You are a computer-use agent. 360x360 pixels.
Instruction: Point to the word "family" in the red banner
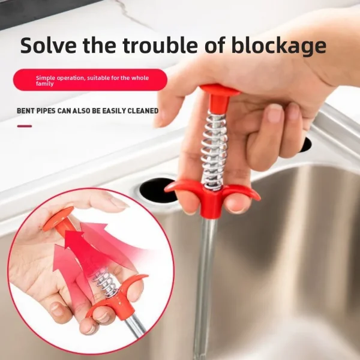[x=45, y=84]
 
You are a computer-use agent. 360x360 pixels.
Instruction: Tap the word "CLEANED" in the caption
[x=142, y=111]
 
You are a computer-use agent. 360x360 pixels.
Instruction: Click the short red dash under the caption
[x=25, y=126]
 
